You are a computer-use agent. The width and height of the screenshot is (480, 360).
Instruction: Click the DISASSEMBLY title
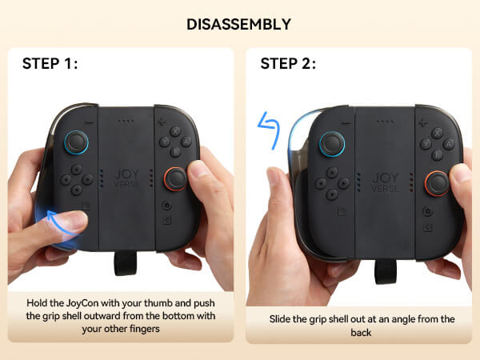point(238,25)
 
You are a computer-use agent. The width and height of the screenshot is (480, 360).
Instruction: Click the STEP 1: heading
point(50,64)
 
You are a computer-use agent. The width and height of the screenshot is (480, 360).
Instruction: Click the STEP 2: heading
point(288,64)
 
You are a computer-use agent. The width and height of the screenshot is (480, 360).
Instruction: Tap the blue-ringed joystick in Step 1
point(76,142)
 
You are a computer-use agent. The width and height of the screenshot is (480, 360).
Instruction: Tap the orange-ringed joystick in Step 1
point(175,179)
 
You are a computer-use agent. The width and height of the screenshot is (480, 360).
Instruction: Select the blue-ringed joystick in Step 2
point(332,144)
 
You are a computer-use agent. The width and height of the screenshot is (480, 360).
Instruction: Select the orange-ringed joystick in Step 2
point(437,183)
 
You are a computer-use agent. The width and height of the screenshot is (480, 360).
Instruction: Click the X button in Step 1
point(175,131)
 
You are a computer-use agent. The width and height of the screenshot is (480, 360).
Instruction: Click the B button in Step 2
point(437,155)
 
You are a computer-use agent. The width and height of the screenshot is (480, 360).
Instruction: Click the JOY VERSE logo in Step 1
point(126,178)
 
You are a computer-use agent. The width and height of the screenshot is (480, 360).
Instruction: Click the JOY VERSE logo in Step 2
point(385,182)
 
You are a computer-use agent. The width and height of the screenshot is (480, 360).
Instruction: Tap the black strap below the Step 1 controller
point(126,263)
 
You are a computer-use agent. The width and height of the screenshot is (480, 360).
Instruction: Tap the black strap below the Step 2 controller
point(386,271)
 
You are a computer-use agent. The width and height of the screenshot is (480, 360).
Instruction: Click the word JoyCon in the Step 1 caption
point(82,303)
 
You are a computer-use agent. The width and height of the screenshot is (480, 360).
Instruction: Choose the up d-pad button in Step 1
point(77,168)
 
